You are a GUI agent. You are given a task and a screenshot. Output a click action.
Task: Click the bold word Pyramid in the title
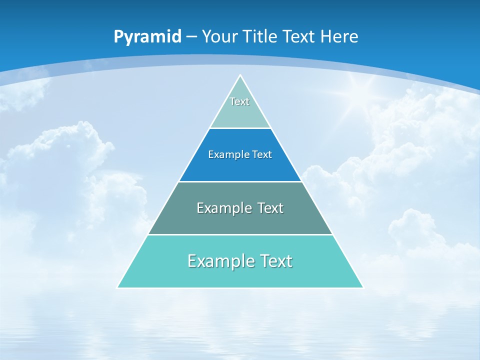pos(147,37)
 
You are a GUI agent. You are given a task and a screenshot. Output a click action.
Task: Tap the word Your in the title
pos(219,36)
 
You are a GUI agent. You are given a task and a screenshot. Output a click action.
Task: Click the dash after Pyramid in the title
pos(191,37)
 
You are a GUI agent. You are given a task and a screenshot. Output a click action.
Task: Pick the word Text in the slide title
pos(300,36)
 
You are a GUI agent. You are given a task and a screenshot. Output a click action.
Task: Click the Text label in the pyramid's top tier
pos(239,101)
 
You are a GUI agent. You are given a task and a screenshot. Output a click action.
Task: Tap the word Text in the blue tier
pos(262,154)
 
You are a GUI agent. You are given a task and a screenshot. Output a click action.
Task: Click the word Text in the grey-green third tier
pos(270,208)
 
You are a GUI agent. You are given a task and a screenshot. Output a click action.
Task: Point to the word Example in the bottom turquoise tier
pos(220,261)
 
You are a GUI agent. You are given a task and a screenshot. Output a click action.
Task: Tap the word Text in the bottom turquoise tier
pos(275,261)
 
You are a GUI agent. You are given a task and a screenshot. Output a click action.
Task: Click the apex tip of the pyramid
pos(240,75)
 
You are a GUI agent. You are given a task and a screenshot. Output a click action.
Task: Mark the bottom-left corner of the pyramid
pos(118,287)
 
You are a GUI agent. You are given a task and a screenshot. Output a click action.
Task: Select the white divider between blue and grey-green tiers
pos(240,181)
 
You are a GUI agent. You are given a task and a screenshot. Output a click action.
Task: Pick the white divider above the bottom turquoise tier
pos(240,234)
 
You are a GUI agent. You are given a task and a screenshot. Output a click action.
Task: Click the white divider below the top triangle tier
pos(240,128)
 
